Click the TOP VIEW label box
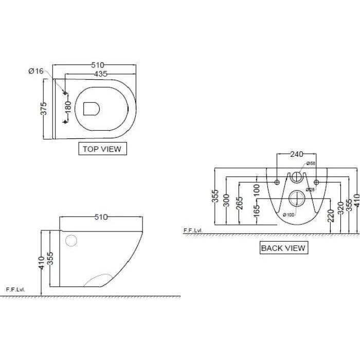click(102, 149)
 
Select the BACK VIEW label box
click(283, 248)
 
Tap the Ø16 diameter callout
click(35, 71)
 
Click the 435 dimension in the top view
click(100, 74)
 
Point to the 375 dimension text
click(44, 109)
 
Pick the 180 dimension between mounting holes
click(67, 107)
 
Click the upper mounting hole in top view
click(65, 93)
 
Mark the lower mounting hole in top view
click(65, 121)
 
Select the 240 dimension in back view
click(296, 154)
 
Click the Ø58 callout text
click(310, 163)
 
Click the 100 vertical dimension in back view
click(257, 189)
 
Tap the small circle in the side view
click(71, 240)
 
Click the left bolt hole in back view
click(277, 182)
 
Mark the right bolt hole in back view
click(316, 182)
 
